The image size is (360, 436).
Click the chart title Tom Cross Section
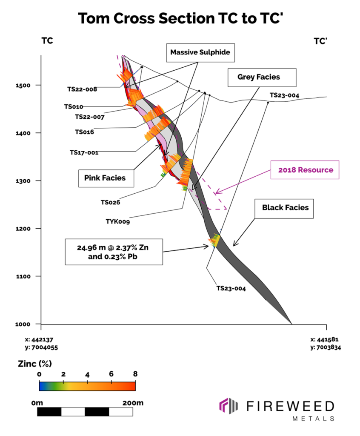coord(180,17)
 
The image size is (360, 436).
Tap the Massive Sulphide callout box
coord(200,52)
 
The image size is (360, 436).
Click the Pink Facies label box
coord(106,178)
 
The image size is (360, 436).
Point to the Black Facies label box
coord(285,208)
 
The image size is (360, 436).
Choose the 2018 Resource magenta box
coord(306,169)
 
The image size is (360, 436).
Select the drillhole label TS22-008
coord(82,89)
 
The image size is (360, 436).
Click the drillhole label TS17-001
coord(84,152)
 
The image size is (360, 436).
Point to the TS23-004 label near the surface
coord(284,95)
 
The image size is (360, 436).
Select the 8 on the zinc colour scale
coord(135,374)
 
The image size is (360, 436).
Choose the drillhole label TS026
coord(110,202)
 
